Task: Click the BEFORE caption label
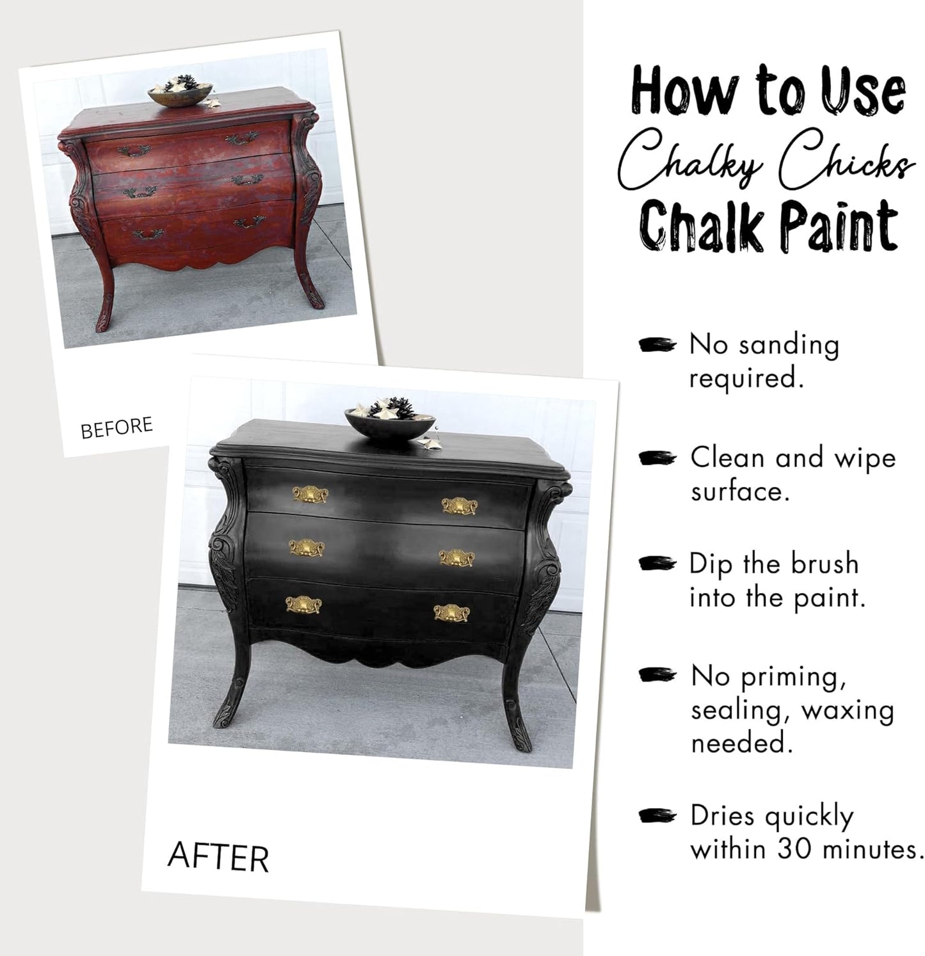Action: (117, 427)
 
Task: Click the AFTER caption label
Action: (218, 857)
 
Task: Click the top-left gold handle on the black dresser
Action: (310, 494)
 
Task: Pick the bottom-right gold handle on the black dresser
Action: (451, 613)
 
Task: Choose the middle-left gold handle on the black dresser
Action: (307, 548)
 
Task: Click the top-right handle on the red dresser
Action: (242, 138)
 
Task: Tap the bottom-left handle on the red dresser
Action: (148, 234)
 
